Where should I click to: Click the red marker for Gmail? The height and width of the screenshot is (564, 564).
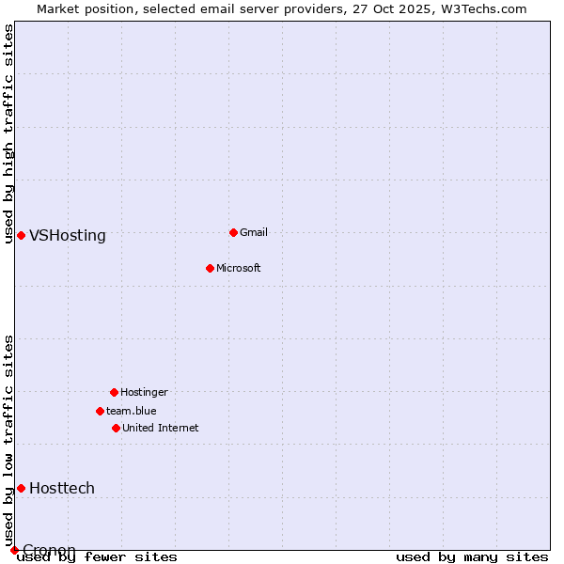233,232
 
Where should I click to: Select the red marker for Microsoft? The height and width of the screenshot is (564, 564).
210,268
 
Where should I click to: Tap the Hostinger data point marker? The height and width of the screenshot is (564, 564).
114,392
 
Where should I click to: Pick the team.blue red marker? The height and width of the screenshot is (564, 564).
100,411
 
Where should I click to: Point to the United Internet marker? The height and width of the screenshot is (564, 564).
116,428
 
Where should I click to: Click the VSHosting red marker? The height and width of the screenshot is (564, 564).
21,235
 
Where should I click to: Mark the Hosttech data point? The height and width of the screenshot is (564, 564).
21,488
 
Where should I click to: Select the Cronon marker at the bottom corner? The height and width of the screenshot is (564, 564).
14,550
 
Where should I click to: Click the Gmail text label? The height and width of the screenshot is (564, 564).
254,232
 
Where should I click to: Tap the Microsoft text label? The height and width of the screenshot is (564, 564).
239,268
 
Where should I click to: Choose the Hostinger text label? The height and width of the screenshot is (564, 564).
144,392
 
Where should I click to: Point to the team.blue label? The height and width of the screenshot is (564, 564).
132,411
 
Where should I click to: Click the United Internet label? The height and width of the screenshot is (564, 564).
161,428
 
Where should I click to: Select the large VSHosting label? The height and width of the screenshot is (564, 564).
68,236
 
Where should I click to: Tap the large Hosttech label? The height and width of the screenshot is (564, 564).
62,488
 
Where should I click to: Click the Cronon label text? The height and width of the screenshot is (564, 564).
49,550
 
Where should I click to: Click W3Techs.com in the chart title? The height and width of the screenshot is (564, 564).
478,8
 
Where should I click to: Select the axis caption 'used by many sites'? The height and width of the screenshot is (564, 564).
472,556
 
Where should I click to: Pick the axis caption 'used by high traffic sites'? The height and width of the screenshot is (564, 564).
8,133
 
